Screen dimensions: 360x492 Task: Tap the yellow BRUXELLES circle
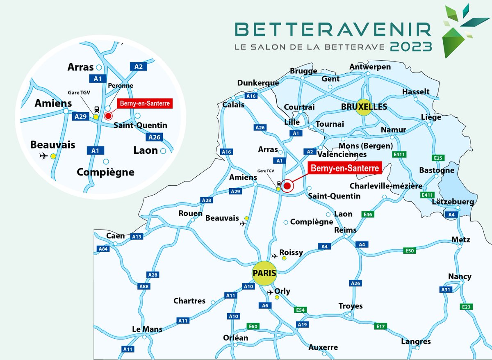[366, 107]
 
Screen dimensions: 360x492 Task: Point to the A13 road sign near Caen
[137, 237]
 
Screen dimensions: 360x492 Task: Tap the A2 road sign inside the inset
[138, 66]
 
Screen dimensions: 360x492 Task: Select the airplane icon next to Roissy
[275, 256]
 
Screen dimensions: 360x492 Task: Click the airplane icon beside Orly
[270, 292]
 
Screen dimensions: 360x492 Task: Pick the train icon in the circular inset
[96, 109]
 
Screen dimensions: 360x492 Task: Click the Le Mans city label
[147, 329]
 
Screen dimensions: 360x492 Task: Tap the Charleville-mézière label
[386, 186]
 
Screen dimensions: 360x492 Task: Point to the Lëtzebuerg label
[453, 202]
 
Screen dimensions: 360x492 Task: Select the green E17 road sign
[380, 326]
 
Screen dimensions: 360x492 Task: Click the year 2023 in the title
[411, 46]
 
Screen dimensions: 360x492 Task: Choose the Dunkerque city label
[258, 83]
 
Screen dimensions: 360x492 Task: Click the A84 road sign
[103, 249]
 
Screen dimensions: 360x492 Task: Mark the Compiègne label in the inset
[105, 172]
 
